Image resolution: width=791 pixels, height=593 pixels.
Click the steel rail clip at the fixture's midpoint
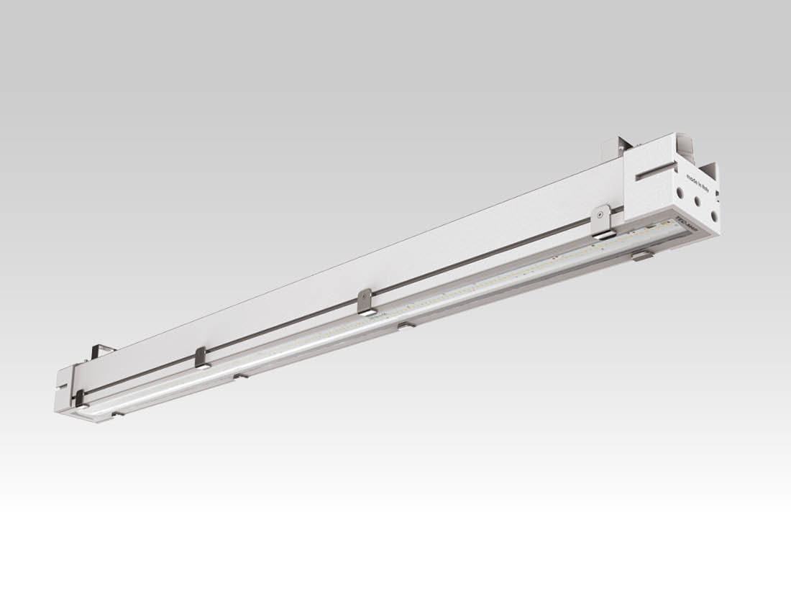(365, 301)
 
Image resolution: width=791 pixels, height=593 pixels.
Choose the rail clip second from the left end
(201, 357)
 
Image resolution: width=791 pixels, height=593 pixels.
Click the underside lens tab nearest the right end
(642, 254)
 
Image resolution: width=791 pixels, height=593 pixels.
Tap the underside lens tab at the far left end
(117, 414)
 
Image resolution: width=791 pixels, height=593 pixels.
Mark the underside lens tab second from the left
(241, 375)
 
